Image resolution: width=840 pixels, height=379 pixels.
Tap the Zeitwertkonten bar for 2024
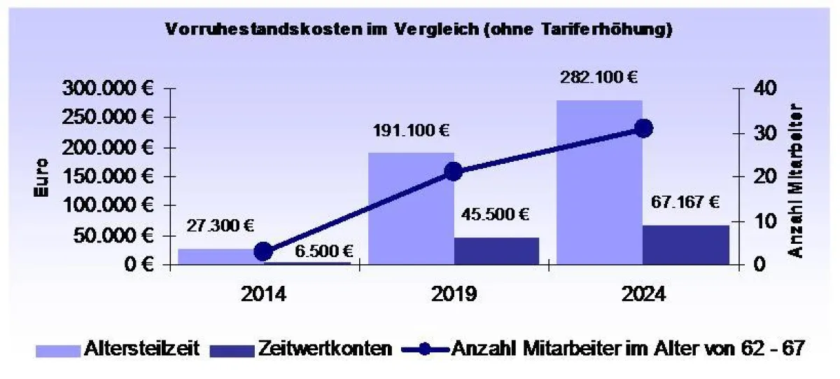[x=685, y=244]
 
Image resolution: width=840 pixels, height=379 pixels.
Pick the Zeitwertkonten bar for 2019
[x=496, y=251]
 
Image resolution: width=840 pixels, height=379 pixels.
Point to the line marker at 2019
[x=453, y=172]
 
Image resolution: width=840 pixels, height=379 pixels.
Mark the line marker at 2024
[x=644, y=128]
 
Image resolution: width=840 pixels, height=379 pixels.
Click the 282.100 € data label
[x=598, y=77]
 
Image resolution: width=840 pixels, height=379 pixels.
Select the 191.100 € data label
[x=411, y=130]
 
